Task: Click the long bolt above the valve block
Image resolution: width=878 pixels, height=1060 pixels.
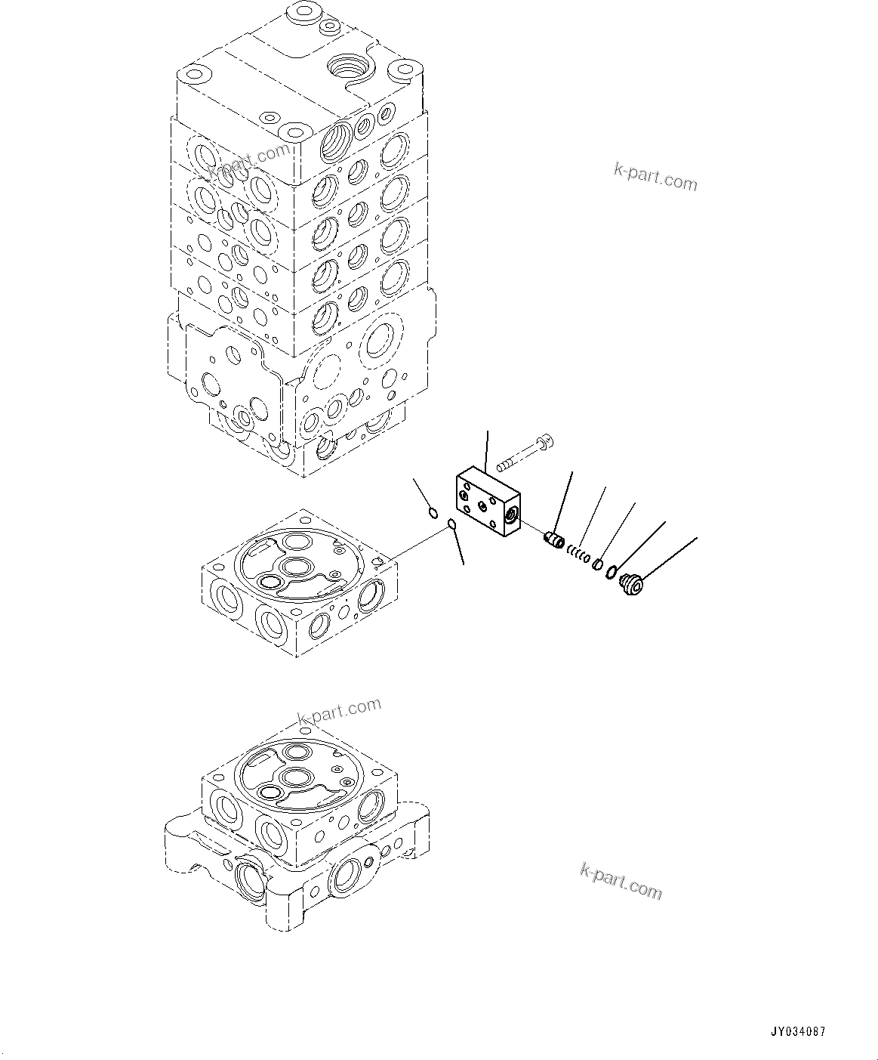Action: tap(524, 453)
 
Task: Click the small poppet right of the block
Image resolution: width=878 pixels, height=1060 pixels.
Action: tap(555, 540)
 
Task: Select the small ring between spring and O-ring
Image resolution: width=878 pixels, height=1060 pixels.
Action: tap(596, 564)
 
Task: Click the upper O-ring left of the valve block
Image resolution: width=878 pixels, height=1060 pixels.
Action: tap(433, 514)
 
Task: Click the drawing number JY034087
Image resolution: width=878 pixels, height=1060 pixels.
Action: tap(798, 1032)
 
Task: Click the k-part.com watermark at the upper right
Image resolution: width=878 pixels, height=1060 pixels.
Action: tap(655, 178)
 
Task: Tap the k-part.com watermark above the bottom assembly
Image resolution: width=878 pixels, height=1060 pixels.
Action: tap(339, 712)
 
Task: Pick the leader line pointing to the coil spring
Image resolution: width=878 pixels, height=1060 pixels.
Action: tap(593, 518)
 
